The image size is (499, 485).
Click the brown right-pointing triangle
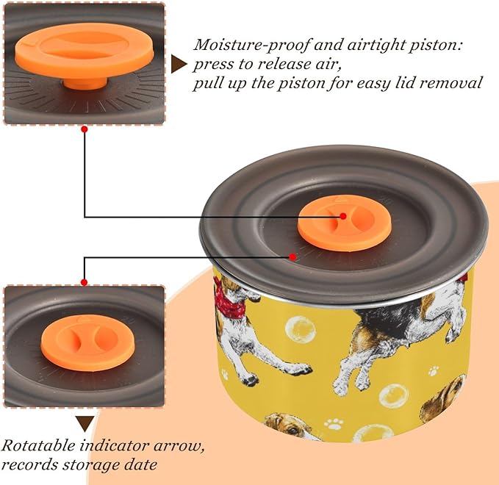point(178,64)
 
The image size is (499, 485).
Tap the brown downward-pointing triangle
point(85,423)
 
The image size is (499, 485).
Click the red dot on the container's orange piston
point(343,216)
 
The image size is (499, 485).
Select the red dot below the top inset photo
point(85,129)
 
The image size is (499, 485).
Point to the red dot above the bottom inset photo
point(85,282)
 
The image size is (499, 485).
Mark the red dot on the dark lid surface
point(292,256)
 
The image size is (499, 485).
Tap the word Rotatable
point(38,445)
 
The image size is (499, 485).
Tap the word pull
point(207,84)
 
